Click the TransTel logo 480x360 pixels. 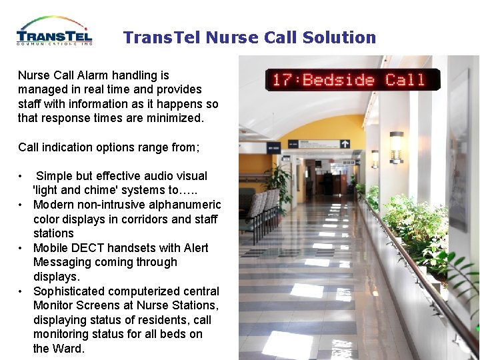[55, 31]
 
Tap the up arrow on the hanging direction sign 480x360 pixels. [345, 143]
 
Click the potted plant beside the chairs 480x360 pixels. [279, 183]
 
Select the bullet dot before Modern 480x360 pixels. [22, 205]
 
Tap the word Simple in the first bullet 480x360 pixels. [54, 176]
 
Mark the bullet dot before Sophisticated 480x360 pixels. [22, 291]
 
